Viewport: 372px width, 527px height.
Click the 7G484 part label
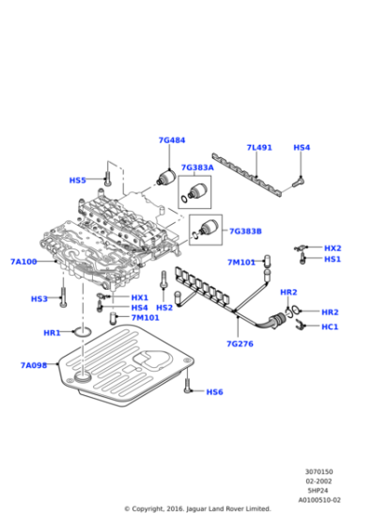coord(172,140)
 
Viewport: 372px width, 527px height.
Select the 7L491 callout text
coord(259,148)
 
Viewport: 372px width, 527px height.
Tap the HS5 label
coord(77,180)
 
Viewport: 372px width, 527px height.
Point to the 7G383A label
coord(197,167)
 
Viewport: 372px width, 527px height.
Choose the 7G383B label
coord(245,231)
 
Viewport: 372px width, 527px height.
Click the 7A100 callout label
coord(23,262)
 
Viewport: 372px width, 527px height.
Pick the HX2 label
coord(333,248)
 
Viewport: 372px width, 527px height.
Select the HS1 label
coord(333,259)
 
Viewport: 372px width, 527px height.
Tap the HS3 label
coord(39,298)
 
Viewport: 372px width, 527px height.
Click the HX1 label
coord(139,297)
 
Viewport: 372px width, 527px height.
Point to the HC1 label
coord(330,327)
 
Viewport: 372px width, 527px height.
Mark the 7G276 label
coord(240,343)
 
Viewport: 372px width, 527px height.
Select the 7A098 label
coord(34,364)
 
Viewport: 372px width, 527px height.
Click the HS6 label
coord(214,391)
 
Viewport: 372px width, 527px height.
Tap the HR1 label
coord(52,332)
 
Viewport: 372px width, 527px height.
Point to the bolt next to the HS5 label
coord(107,175)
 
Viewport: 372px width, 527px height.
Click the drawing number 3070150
coord(319,471)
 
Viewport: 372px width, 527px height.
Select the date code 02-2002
coord(319,481)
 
